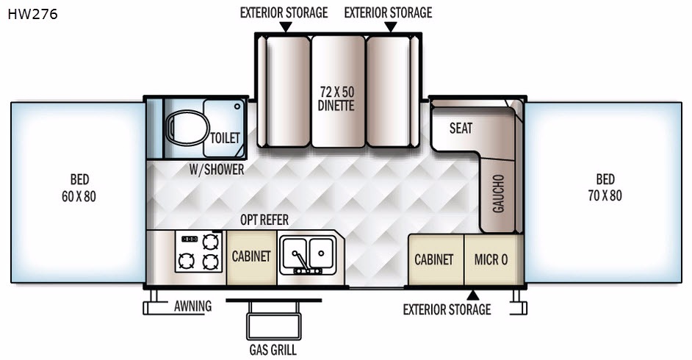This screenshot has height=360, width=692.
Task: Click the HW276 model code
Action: coord(32,14)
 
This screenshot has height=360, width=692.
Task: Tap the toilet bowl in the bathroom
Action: coord(187,128)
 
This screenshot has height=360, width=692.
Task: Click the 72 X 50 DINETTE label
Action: coord(336,99)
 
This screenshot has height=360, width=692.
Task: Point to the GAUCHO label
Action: coord(498,194)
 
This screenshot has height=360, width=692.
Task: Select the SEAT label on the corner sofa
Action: coord(461,129)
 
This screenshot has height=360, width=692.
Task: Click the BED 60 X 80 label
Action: coord(79,188)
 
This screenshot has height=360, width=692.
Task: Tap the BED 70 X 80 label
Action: coord(605,187)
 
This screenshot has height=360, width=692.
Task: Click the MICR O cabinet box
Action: coord(494,260)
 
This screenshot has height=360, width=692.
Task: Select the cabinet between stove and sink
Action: coord(251,257)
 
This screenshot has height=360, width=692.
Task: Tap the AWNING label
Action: coord(193,306)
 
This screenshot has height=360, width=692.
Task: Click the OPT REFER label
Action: coord(264,220)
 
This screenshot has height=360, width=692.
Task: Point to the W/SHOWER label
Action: coord(217,170)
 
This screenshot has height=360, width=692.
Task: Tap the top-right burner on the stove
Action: coord(211,242)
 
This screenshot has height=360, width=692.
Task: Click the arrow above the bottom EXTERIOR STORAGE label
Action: coord(473,295)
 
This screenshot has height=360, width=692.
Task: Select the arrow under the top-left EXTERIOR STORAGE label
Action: coord(286,27)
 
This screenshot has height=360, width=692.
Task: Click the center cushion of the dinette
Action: coord(339,91)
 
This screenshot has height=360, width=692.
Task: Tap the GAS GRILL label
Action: coord(273,350)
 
